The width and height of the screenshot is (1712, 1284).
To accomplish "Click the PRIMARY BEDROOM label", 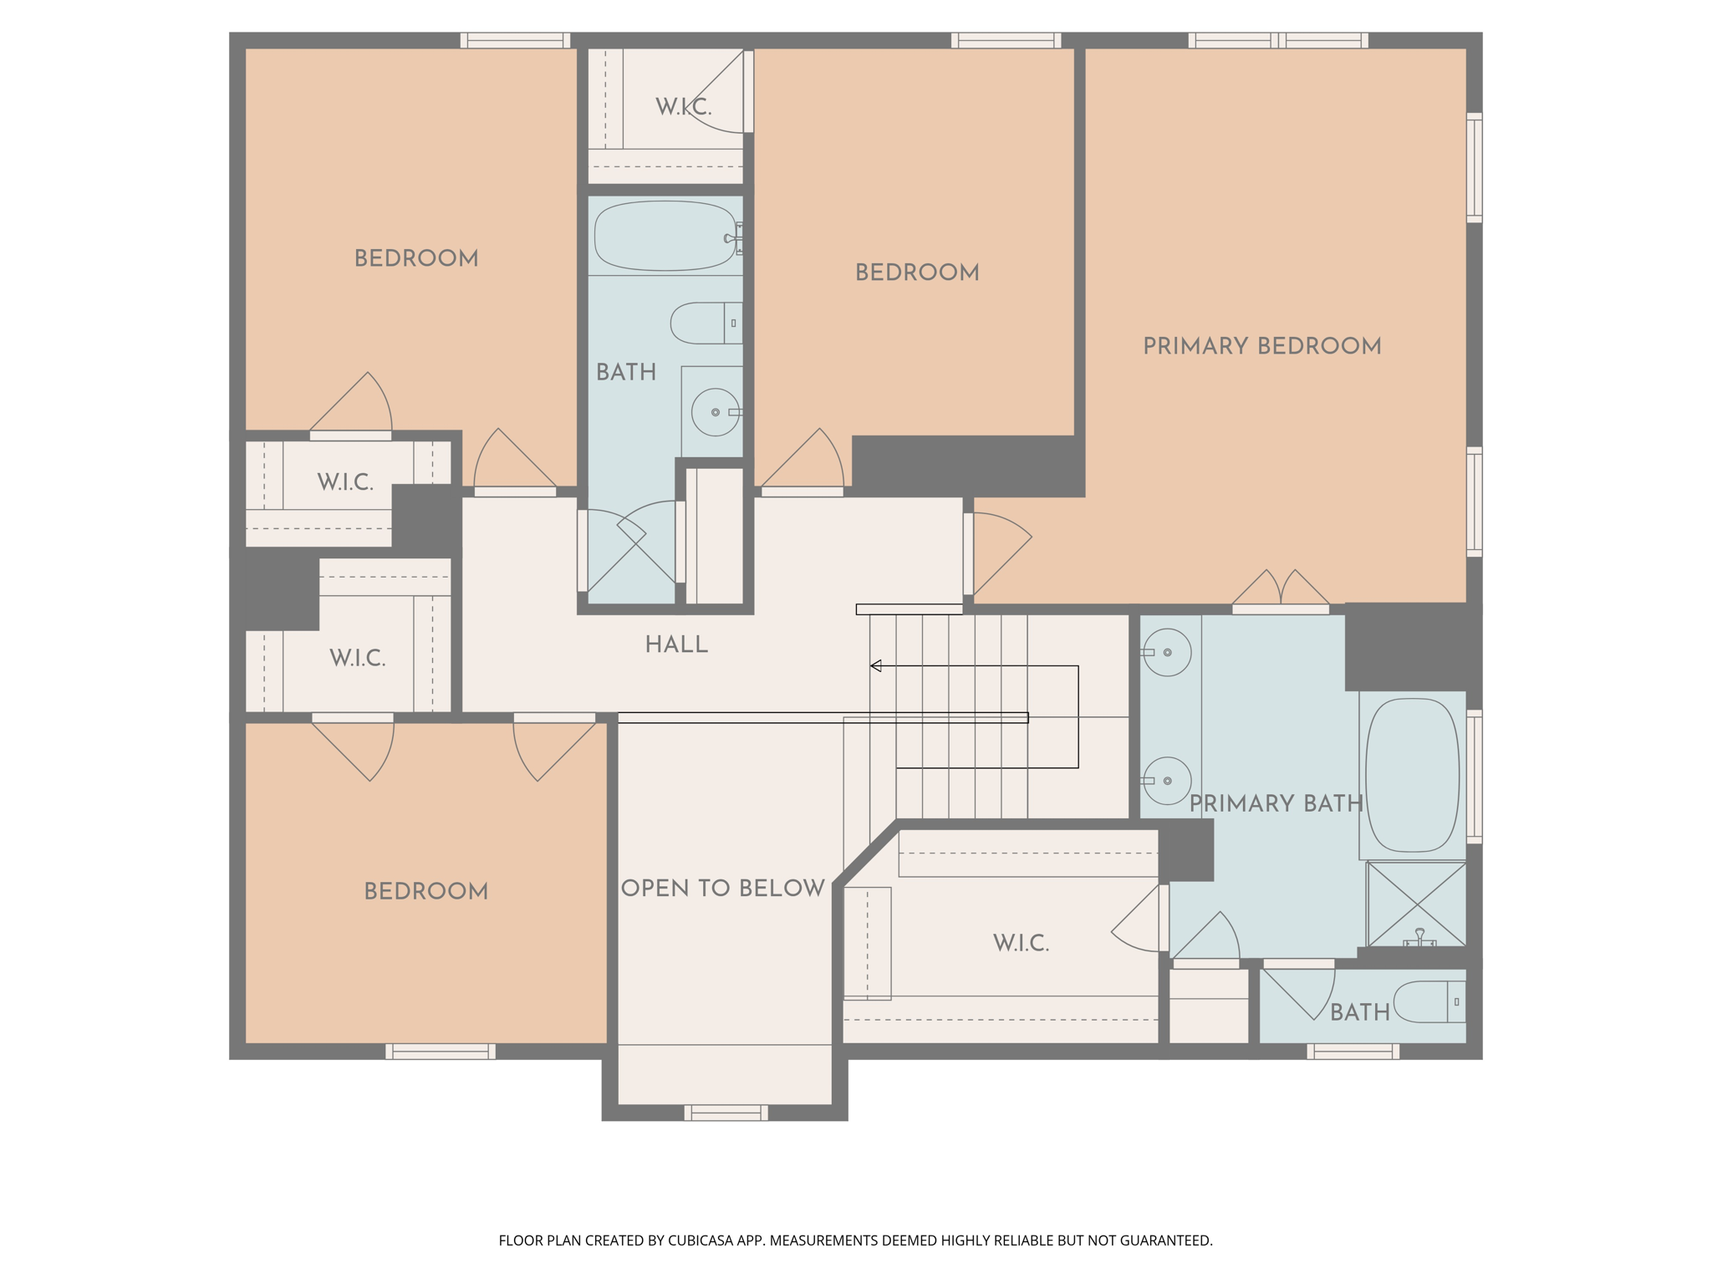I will pos(1261,346).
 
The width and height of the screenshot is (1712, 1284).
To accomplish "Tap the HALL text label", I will pos(676,645).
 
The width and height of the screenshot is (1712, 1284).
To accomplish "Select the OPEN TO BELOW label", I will pos(723,888).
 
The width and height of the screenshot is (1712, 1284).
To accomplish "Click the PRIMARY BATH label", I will pos(1276,803).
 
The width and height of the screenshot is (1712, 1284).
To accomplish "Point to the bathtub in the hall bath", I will pos(665,236).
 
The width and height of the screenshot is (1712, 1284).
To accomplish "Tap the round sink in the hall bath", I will pos(716,412).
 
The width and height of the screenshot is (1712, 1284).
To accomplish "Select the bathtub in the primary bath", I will pos(1412,775).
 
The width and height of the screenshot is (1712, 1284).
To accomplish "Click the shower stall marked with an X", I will pos(1416,904).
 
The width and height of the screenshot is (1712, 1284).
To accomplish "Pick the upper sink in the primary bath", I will pos(1166,652).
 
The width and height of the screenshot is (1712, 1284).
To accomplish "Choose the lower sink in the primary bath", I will pos(1166,781).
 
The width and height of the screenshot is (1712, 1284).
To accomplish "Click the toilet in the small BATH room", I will pos(1429,1002).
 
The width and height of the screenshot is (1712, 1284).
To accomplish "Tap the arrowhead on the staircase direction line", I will pos(876,666).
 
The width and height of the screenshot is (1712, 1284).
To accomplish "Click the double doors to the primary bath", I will pos(1281,589).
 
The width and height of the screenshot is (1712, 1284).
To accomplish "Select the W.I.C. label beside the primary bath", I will pos(1021,943).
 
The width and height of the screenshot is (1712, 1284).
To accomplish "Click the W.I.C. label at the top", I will pos(683,107).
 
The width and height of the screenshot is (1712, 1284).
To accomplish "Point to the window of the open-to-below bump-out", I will pos(726,1113).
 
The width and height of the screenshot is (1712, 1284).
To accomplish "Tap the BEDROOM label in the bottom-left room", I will pos(425,891).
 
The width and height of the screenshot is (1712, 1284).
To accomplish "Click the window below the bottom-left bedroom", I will pos(441,1052).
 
